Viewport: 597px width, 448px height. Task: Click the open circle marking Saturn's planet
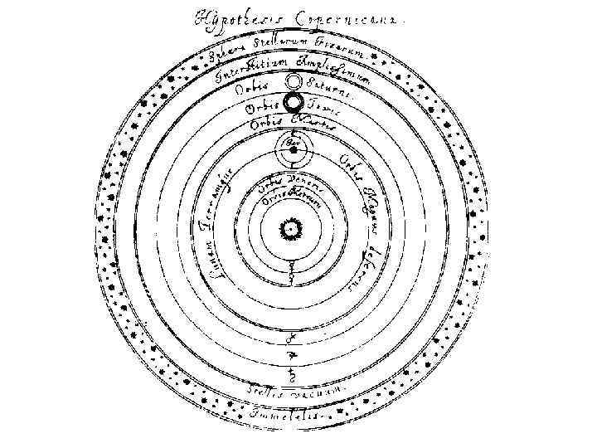tap(293, 83)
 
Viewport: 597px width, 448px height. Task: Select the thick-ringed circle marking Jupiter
tap(294, 104)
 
